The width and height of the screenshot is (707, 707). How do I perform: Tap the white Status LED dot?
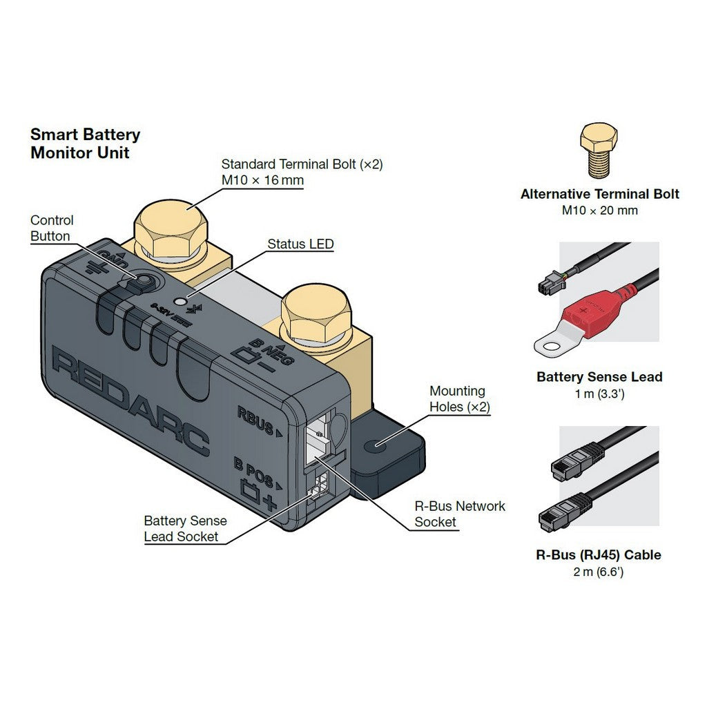point(182,301)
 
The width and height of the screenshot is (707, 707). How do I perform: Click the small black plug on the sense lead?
point(549,284)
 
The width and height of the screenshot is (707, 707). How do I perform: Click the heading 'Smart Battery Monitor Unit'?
point(85,144)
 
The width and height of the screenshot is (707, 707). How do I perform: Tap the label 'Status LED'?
point(300,244)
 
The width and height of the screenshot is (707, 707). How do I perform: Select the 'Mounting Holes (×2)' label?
point(459,399)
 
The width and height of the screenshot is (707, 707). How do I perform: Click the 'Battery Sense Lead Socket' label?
point(184,529)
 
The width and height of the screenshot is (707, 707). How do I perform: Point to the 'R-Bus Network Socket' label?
point(460,514)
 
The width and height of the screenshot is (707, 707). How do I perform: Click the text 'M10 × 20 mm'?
point(599,211)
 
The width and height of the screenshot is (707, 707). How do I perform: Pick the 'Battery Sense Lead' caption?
point(599,377)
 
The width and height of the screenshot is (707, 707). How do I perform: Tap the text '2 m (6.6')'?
point(599,572)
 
